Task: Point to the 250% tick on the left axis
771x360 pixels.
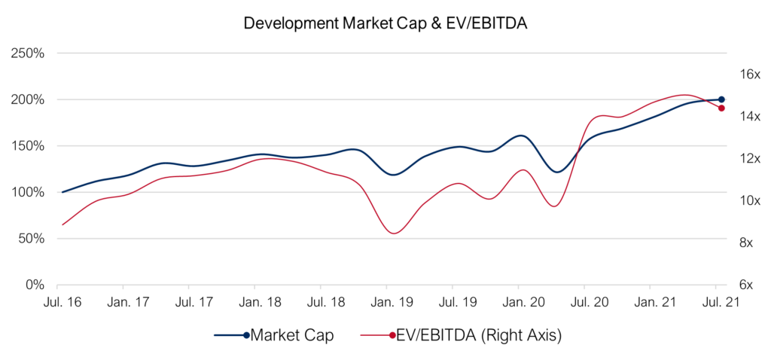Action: (x=27, y=53)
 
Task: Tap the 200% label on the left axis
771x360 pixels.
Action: (x=27, y=99)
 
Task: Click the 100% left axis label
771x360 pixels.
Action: (x=27, y=192)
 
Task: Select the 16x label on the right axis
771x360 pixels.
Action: (x=751, y=75)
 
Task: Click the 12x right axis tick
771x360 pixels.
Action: (x=751, y=159)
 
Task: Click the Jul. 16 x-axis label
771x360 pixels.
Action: (x=57, y=302)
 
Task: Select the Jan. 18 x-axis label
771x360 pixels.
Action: (x=254, y=302)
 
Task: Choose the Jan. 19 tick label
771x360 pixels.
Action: (x=386, y=302)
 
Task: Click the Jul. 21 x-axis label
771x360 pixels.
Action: (x=716, y=302)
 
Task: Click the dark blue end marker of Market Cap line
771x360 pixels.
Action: (x=721, y=99)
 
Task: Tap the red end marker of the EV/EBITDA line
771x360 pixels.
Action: (x=721, y=108)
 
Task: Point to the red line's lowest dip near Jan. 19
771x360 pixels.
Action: (x=394, y=233)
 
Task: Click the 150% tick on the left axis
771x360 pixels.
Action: (x=27, y=146)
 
